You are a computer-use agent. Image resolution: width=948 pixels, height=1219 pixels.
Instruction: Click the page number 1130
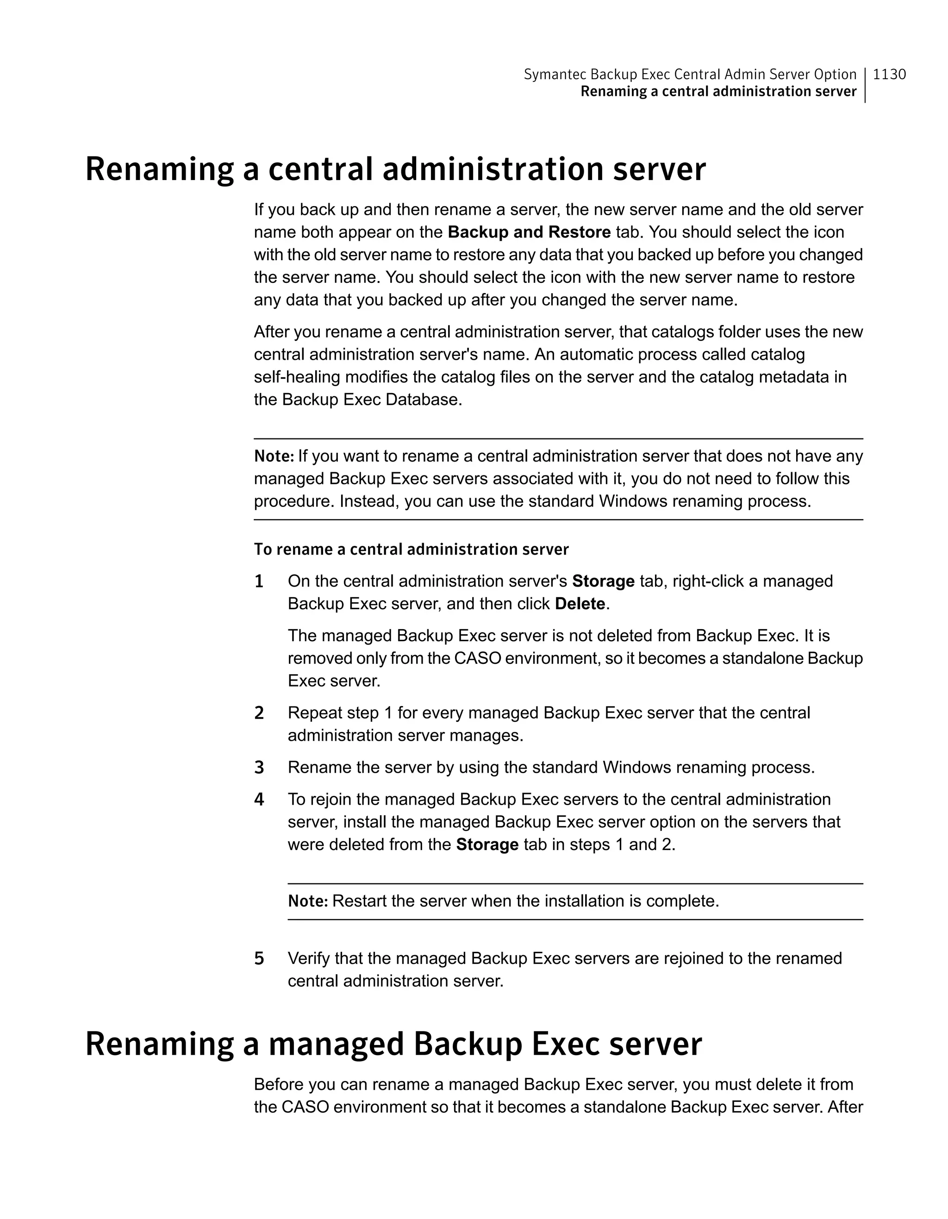889,74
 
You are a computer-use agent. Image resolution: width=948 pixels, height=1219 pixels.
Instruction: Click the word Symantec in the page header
555,74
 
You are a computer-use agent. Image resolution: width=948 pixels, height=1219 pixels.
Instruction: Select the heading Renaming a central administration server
395,169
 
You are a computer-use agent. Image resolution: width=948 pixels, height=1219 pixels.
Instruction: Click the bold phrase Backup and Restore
529,232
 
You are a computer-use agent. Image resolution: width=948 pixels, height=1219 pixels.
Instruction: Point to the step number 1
259,581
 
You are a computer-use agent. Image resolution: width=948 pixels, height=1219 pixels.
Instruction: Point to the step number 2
259,713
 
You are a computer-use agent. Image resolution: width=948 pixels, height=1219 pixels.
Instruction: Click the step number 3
259,768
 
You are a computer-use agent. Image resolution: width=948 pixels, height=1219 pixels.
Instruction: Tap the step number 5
259,958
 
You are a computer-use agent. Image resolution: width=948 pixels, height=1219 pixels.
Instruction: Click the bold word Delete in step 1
580,604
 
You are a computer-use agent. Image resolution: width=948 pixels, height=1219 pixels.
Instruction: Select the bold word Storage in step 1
603,581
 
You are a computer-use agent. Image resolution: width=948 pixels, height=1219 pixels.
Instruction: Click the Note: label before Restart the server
308,901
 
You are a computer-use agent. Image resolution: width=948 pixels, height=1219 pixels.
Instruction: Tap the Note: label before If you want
274,456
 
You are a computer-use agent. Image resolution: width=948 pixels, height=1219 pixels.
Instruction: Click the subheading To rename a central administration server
411,550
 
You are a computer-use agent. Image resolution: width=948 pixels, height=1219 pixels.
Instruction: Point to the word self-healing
297,377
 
